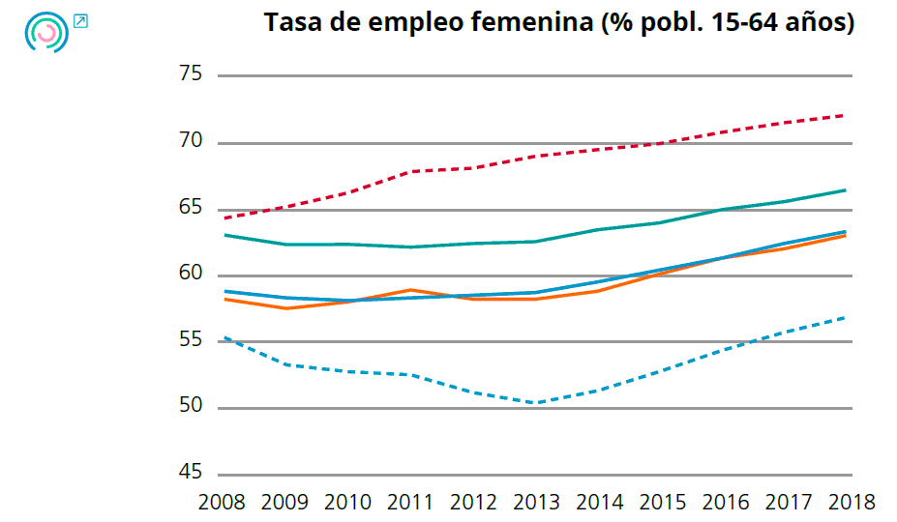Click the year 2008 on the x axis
pyautogui.click(x=222, y=503)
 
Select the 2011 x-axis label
pyautogui.click(x=411, y=503)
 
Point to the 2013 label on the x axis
pyautogui.click(x=537, y=503)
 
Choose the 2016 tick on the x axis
pyautogui.click(x=726, y=503)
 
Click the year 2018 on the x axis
pyautogui.click(x=851, y=503)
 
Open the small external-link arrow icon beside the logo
pyautogui.click(x=80, y=21)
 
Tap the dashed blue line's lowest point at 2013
pyautogui.click(x=537, y=402)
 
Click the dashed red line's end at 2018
pyautogui.click(x=845, y=115)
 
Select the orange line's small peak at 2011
pyautogui.click(x=411, y=289)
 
